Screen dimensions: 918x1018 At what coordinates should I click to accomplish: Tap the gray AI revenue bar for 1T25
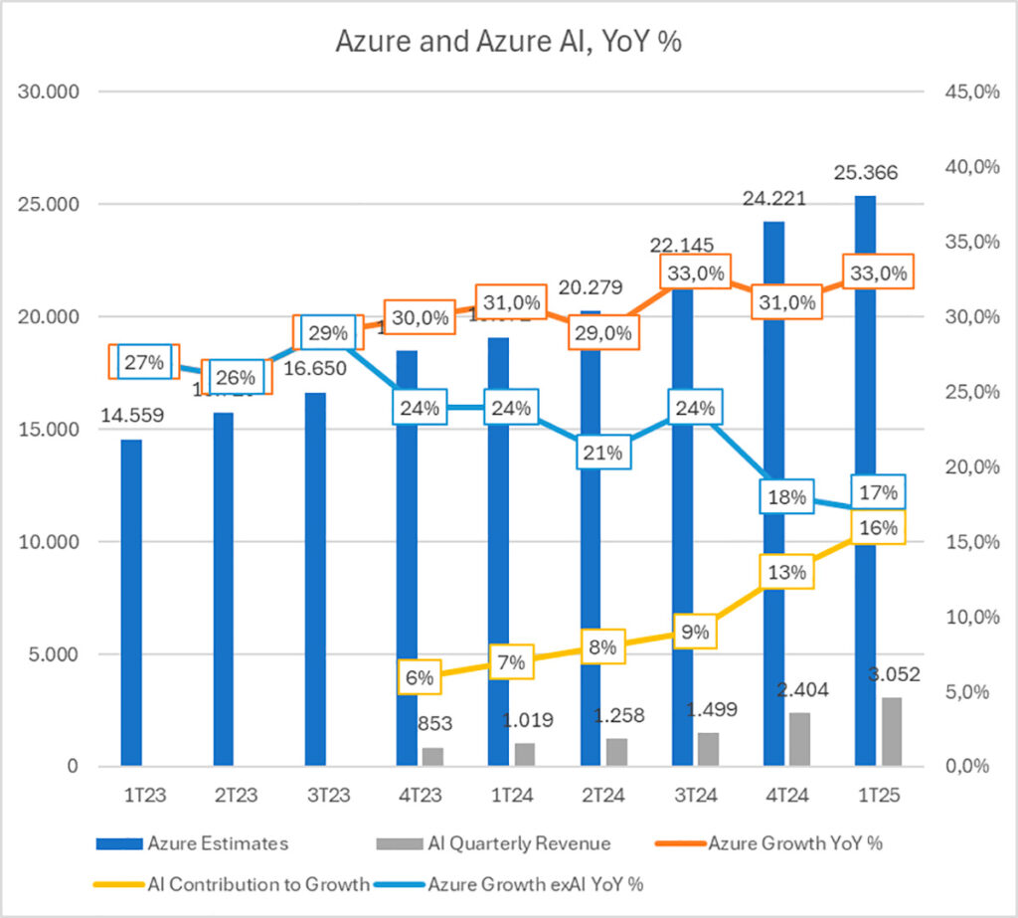892,731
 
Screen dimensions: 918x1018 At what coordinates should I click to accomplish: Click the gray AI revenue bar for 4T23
432,756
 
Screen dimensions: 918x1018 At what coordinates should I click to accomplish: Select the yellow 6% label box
420,677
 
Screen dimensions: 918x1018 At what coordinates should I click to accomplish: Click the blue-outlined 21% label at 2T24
601,453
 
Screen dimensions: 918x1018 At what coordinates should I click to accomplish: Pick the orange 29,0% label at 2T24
601,333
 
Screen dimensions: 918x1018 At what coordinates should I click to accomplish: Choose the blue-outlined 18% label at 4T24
786,497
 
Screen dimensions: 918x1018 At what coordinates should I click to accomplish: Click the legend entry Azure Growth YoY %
794,843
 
